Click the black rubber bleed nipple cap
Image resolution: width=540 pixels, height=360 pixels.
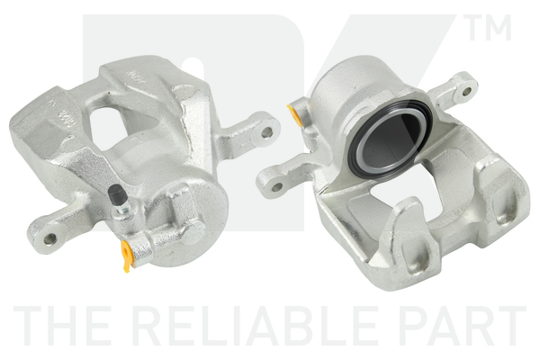117,193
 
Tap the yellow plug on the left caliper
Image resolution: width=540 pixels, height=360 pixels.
127,256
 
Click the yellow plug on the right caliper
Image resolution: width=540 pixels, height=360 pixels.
293,114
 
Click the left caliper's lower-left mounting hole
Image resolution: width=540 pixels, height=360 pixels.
49,238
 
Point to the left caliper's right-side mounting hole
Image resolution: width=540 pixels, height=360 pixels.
266,132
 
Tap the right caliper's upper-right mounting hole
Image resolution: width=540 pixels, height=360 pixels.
466,91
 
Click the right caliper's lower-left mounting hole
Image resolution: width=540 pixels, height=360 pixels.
277,187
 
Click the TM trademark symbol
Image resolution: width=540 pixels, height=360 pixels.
490,27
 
